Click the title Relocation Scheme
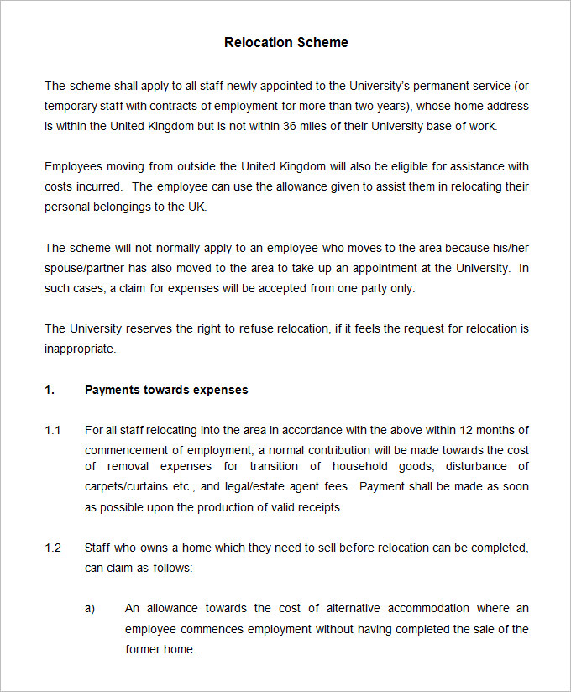click(x=285, y=42)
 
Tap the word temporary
click(x=71, y=106)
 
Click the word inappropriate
click(x=79, y=349)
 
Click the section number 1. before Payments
click(x=50, y=390)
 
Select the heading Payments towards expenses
click(x=166, y=390)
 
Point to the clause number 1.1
click(x=53, y=430)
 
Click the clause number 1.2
click(x=53, y=548)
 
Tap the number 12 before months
click(x=464, y=430)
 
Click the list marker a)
click(x=90, y=608)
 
